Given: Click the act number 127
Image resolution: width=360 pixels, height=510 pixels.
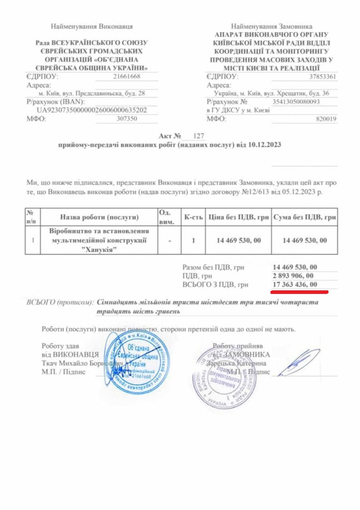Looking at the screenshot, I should (198, 135).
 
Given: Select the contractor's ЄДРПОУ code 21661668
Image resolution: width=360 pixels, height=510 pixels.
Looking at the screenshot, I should (128, 77).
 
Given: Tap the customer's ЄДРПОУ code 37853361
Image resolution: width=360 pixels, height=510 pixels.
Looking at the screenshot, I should (323, 77).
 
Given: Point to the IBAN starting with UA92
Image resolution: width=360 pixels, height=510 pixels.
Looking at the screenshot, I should (92, 109).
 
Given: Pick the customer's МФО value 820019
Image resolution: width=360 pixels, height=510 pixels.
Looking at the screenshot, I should (327, 119).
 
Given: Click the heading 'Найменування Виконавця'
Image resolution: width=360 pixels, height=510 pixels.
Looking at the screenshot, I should (92, 27).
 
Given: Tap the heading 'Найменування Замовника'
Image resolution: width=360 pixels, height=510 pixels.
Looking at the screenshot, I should (272, 27).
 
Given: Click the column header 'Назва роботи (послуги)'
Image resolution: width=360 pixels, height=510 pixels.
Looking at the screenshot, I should (99, 217).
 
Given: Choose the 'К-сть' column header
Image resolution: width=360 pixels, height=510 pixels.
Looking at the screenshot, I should (193, 217).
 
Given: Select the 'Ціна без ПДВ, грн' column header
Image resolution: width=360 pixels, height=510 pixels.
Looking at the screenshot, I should (238, 217).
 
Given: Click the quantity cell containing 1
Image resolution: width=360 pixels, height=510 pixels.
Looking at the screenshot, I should (193, 240).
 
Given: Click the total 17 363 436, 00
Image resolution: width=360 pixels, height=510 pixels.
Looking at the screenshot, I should (294, 284).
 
